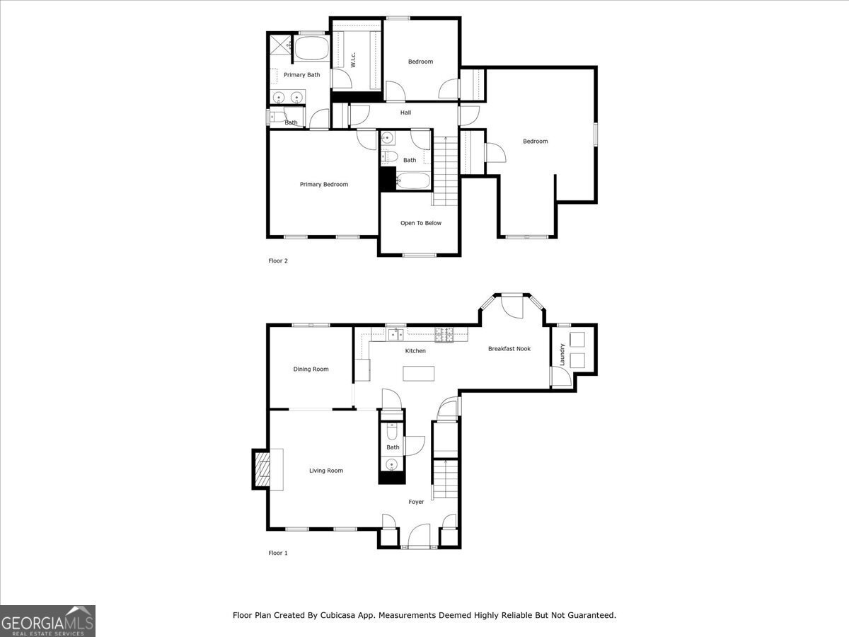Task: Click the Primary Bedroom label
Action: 323,185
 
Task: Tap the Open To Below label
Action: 420,223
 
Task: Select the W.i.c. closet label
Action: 352,60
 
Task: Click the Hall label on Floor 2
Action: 405,113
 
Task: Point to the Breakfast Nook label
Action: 509,349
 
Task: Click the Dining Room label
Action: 311,369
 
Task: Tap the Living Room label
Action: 325,471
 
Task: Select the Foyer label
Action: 416,502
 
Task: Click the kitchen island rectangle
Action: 417,373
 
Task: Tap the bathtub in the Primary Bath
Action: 311,50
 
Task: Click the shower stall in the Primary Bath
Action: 279,46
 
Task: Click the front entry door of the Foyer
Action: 420,536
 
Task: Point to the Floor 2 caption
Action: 278,261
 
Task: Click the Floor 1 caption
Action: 278,553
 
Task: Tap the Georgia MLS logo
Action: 47,621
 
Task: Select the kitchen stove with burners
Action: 444,335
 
